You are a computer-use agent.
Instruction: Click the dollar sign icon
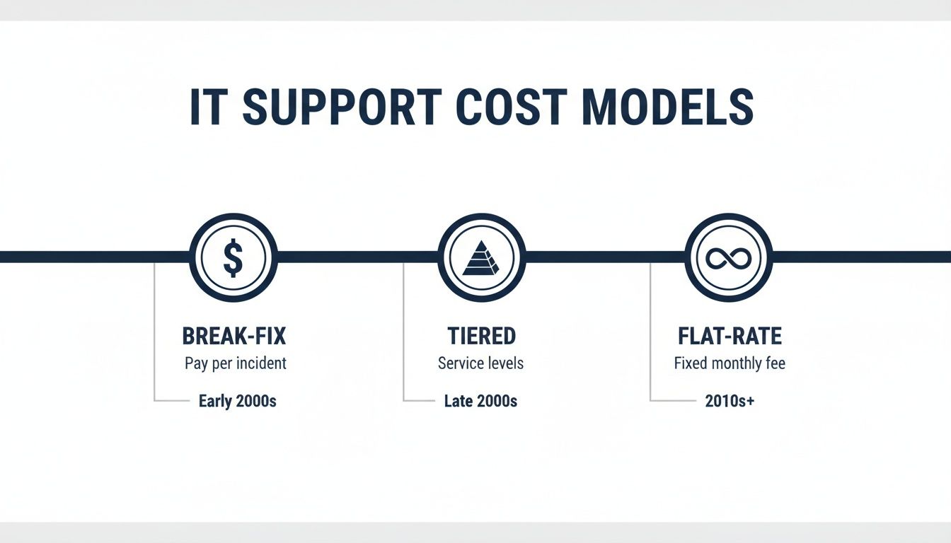point(234,257)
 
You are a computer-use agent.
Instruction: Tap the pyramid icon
point(481,257)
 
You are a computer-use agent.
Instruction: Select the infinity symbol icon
point(729,257)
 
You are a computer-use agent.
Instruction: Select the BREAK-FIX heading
point(234,336)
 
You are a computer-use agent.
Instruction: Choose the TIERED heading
point(481,336)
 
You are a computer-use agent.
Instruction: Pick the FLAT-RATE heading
point(730,336)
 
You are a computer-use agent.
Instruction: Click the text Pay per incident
point(236,363)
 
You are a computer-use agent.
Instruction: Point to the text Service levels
point(480,363)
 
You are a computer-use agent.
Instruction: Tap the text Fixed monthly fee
point(730,363)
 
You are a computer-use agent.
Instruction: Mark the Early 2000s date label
point(237,402)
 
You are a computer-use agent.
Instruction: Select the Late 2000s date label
point(480,402)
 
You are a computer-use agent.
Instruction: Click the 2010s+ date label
point(730,402)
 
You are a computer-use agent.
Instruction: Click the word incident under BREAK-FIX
point(261,363)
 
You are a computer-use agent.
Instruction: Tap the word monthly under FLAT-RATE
point(737,363)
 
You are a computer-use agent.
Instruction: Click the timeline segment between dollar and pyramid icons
point(357,257)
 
